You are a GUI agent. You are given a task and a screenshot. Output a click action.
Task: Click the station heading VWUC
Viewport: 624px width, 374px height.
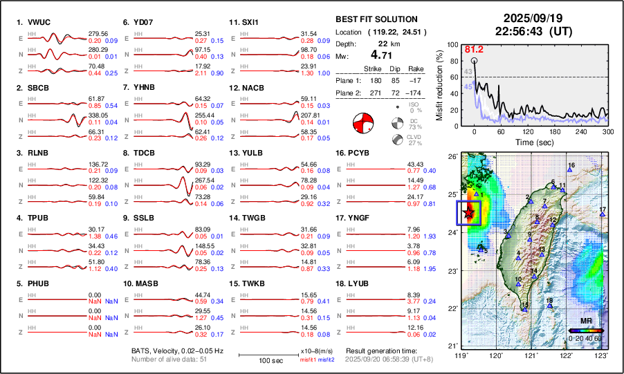tap(41, 22)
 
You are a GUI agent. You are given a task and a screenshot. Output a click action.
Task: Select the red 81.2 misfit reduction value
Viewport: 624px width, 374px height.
tap(474, 49)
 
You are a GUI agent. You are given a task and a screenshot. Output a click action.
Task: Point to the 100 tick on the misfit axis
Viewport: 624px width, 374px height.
tap(452, 44)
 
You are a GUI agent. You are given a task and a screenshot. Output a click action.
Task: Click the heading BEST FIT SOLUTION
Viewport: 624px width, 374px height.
tap(376, 19)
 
